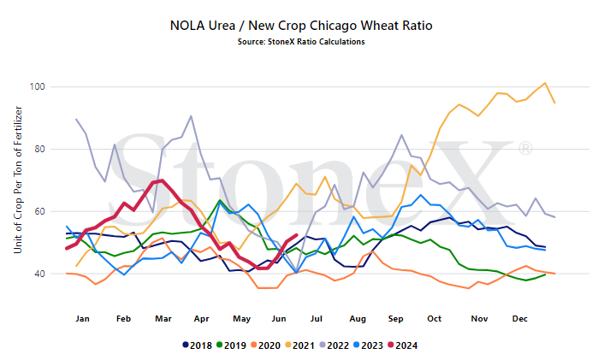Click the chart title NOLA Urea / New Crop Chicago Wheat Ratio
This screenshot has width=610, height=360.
pos(301,26)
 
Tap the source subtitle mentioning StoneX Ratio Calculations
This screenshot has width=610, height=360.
pos(301,42)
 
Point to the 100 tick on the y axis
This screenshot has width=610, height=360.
pos(38,86)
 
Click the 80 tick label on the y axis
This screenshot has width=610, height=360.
pos(39,149)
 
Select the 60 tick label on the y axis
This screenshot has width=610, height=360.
pos(39,211)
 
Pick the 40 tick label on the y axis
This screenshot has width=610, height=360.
pos(39,274)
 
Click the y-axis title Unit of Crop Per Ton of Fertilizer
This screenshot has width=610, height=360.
pos(18,180)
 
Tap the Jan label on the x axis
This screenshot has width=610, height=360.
pos(82,319)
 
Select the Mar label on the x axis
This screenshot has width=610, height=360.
pos(163,319)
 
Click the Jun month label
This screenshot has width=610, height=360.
pos(279,319)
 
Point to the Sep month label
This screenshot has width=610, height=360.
pos(395,319)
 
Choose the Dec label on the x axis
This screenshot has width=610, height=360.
pos(520,319)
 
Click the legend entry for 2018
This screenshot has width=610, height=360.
pos(198,345)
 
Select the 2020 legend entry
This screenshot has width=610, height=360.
pos(266,345)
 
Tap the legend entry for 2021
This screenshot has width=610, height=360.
pos(300,345)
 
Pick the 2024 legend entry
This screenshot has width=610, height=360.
pos(403,345)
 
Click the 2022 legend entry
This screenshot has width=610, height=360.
pos(335,345)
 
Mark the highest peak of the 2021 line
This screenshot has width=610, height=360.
pos(545,83)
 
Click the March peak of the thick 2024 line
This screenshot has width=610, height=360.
pos(162,180)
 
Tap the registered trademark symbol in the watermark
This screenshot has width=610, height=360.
pos(525,149)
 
